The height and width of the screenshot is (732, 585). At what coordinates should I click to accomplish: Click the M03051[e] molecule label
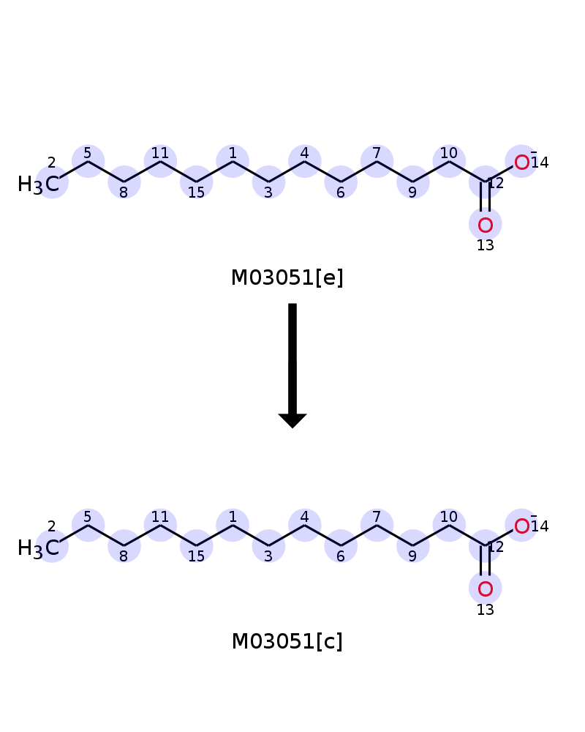pyautogui.click(x=287, y=277)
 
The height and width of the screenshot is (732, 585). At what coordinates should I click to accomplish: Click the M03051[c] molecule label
pyautogui.click(x=287, y=641)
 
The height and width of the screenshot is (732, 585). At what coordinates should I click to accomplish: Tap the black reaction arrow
pyautogui.click(x=292, y=365)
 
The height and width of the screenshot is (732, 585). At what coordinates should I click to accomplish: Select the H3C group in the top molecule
pyautogui.click(x=39, y=184)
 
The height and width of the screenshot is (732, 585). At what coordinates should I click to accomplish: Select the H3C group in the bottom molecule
pyautogui.click(x=39, y=548)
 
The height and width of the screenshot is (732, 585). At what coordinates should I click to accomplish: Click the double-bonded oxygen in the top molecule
pyautogui.click(x=485, y=225)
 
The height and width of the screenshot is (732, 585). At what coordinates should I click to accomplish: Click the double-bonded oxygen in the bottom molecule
pyautogui.click(x=485, y=589)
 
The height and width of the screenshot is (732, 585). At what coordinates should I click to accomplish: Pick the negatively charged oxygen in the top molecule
pyautogui.click(x=521, y=162)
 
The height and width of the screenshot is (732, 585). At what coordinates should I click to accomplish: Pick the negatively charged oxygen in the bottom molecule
pyautogui.click(x=521, y=526)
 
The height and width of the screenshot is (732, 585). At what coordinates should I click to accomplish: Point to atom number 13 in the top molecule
pyautogui.click(x=485, y=225)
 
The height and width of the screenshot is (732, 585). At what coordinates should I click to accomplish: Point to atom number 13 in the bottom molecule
pyautogui.click(x=485, y=589)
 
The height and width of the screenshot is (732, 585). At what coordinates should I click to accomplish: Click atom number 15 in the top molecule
pyautogui.click(x=197, y=182)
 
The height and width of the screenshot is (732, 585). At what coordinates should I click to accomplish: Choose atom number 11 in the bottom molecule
pyautogui.click(x=160, y=525)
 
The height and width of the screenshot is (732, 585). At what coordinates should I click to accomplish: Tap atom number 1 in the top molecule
pyautogui.click(x=233, y=162)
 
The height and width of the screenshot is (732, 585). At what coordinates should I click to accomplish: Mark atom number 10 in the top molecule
pyautogui.click(x=449, y=162)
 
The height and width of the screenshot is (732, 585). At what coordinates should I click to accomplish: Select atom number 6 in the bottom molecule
pyautogui.click(x=341, y=546)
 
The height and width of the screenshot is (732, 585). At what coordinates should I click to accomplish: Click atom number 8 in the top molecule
pyautogui.click(x=124, y=182)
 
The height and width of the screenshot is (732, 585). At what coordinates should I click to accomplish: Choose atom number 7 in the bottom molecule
pyautogui.click(x=377, y=525)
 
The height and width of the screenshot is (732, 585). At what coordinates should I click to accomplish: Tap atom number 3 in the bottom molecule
pyautogui.click(x=268, y=546)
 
